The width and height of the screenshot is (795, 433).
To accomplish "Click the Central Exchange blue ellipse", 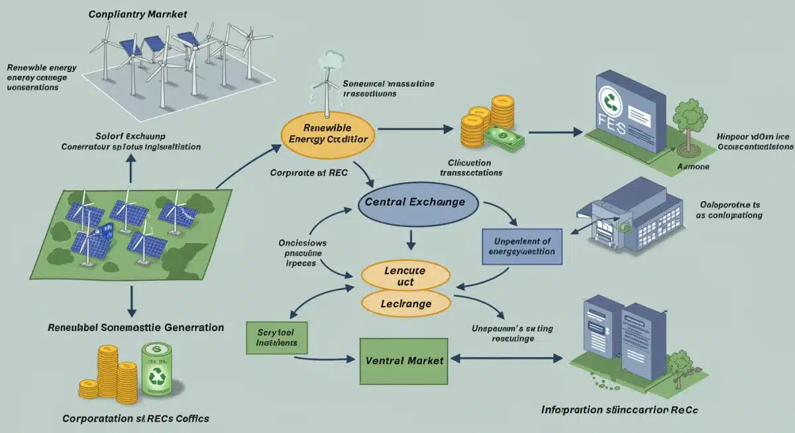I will tap(411, 201).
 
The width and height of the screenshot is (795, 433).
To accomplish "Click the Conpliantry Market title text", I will tap(138, 14).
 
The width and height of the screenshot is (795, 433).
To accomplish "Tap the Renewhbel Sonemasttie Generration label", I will tap(136, 327).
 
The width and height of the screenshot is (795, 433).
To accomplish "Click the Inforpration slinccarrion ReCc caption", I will tap(619, 410).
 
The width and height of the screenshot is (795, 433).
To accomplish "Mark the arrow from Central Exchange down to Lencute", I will tap(412, 238).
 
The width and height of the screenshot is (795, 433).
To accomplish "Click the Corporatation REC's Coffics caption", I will tap(136, 418).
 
